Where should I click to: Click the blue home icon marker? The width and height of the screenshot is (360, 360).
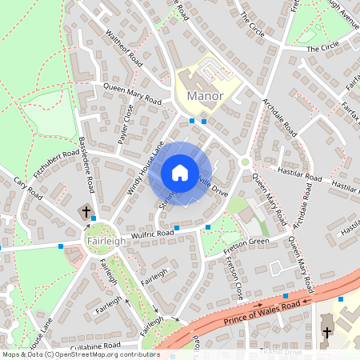click(x=180, y=173)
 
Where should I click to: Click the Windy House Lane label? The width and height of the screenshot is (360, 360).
click(x=145, y=161)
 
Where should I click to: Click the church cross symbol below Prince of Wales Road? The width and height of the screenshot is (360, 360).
click(x=326, y=331)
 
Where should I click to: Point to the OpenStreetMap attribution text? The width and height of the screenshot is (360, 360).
click(x=80, y=354)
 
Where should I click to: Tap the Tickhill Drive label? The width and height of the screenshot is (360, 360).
click(x=281, y=351)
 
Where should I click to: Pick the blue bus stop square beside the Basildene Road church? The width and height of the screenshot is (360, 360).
click(x=94, y=218)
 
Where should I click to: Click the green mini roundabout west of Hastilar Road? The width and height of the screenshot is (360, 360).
click(x=244, y=162)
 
